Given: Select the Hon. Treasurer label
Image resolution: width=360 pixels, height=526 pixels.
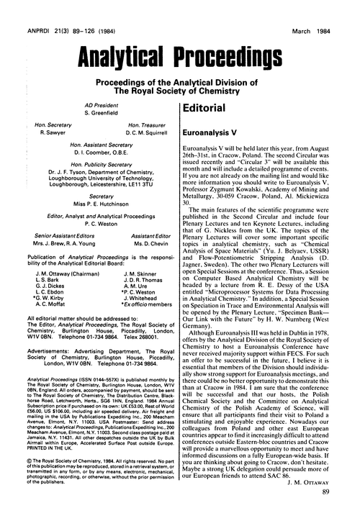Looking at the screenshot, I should click(143, 125).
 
